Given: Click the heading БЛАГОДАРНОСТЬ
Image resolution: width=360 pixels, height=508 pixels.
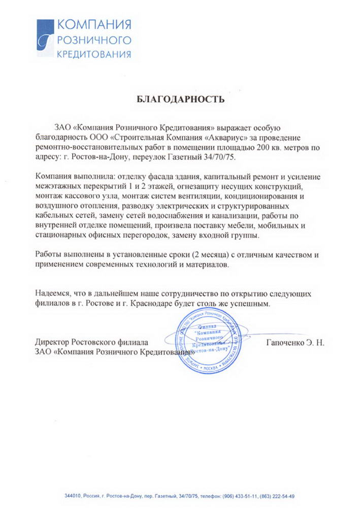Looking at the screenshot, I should pyautogui.click(x=181, y=100).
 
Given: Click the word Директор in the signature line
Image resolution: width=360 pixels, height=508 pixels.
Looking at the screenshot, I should pyautogui.click(x=53, y=343).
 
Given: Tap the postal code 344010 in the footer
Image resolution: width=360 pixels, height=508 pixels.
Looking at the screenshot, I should pyautogui.click(x=72, y=496).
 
